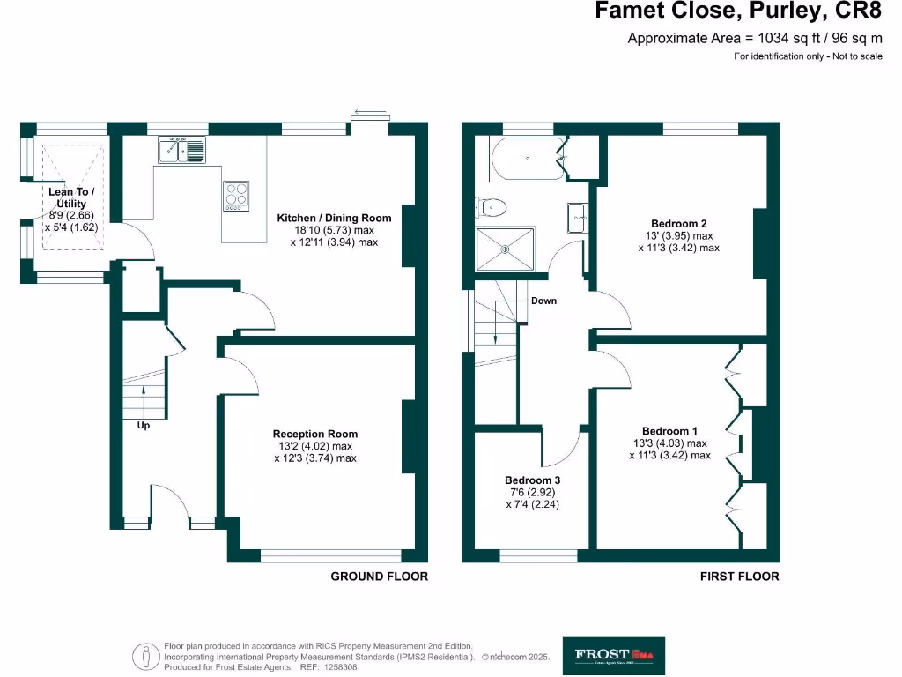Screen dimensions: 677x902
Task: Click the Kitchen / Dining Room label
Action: pos(334,218)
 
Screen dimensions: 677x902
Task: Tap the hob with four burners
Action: pos(236,194)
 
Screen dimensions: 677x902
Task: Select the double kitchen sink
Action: pos(181,150)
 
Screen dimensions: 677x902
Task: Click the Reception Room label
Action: pos(315,434)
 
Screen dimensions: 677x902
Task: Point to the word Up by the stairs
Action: pos(143,425)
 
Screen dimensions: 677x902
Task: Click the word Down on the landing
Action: pos(543,301)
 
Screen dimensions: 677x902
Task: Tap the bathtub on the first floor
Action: pos(527,159)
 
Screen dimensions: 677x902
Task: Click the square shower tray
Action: pos(506,249)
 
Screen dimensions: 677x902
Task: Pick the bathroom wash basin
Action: pos(579,216)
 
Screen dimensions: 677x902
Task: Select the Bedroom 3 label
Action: pos(533,480)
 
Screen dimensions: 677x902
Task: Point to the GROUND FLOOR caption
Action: pos(379,577)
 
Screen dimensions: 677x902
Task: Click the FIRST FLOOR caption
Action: pos(739,577)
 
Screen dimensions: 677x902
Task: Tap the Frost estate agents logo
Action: pos(614,655)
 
